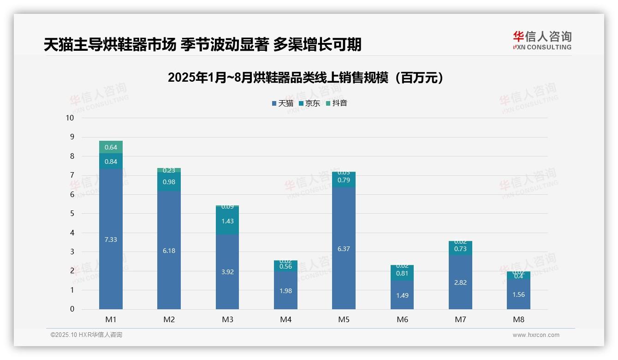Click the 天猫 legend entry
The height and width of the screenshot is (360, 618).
click(282, 103)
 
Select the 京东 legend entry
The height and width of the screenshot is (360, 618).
click(309, 103)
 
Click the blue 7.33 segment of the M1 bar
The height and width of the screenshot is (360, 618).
click(111, 239)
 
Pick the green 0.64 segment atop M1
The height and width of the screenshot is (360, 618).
click(111, 147)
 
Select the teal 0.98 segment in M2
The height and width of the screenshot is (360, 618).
click(169, 182)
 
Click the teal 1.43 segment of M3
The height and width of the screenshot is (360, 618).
click(227, 221)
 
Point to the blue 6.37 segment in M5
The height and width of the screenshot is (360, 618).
click(344, 248)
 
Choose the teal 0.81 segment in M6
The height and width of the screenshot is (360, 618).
click(402, 273)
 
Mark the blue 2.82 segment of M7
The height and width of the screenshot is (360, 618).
click(460, 282)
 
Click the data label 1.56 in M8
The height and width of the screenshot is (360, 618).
click(518, 294)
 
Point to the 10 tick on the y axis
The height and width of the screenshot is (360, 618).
click(70, 118)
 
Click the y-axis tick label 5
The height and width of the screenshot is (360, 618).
click(72, 214)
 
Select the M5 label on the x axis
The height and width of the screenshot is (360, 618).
click(344, 319)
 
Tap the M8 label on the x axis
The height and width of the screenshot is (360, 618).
click(518, 319)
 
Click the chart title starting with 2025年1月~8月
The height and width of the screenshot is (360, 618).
click(306, 78)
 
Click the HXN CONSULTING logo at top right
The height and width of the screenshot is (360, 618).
click(542, 40)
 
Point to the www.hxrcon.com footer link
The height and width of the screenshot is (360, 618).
click(536, 335)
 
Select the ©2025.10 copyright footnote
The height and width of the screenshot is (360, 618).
click(86, 335)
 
